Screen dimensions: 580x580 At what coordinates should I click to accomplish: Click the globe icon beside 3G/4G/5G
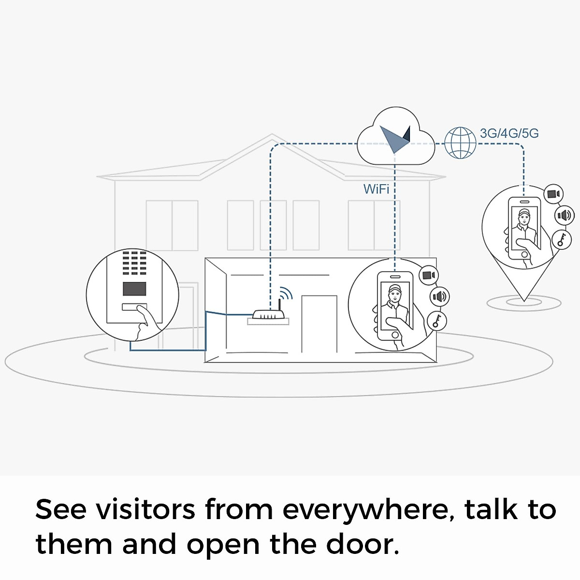[x=460, y=143]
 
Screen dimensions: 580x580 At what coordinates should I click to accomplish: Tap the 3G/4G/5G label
[x=509, y=133]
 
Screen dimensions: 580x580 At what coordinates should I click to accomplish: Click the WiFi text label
[x=376, y=188]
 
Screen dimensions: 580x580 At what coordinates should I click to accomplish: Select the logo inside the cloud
[x=395, y=138]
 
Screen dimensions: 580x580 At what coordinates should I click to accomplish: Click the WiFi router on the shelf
[x=269, y=315]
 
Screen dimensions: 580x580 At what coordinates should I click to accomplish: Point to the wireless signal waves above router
[x=286, y=293]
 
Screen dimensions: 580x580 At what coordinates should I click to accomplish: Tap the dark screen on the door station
[x=134, y=289]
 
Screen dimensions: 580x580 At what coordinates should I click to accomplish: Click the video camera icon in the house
[x=428, y=275]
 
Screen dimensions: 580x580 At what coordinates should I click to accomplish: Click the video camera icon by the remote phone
[x=553, y=194]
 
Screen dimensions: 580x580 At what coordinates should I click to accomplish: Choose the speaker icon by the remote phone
[x=564, y=215]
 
